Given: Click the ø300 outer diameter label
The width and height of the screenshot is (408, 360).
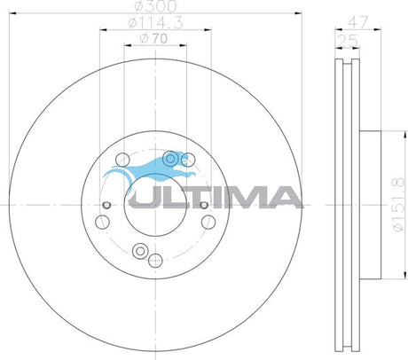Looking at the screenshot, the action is point(155,6).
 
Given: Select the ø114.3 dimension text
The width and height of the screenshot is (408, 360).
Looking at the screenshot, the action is point(156,23).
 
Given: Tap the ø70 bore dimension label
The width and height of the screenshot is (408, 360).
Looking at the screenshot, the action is point(153,39).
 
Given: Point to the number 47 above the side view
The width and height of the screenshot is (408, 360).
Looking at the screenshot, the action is point(358,22).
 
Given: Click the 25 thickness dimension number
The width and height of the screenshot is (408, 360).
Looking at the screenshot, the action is point(348,41).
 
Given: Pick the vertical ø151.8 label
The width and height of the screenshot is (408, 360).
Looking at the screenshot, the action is point(397,205).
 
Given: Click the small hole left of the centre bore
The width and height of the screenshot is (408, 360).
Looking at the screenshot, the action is point(106,205).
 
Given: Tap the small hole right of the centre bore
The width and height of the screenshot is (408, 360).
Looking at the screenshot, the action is point(203,205).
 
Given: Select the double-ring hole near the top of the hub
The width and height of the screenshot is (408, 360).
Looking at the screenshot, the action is point(170,159).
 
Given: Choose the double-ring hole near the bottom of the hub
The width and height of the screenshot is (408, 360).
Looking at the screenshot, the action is point(140,251).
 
